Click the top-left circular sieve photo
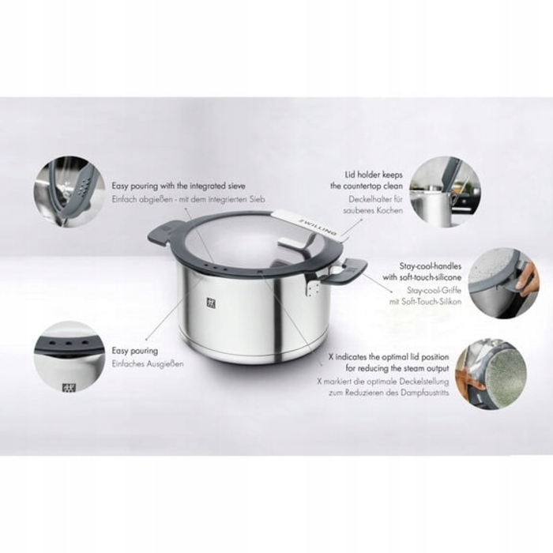(70, 191)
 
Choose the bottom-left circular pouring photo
(70, 356)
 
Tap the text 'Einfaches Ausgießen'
(147, 363)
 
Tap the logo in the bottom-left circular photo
(66, 386)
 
